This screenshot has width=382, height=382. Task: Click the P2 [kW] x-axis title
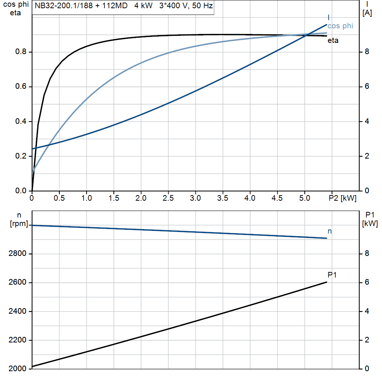(x=342, y=198)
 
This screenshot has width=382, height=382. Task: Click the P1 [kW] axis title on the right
(x=370, y=219)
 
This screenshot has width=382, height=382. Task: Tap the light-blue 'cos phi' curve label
(x=340, y=26)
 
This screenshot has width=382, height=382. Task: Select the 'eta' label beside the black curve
(x=333, y=41)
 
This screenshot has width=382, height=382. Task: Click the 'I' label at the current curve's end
(x=328, y=18)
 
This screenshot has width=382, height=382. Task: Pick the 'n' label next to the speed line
(x=330, y=231)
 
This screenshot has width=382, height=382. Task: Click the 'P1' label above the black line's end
(x=332, y=275)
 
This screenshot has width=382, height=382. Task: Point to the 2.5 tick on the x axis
(x=168, y=198)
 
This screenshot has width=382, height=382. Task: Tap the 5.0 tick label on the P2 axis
(x=304, y=198)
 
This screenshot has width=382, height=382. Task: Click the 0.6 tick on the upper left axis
(x=21, y=87)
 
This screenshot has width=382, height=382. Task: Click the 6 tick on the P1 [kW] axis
(x=367, y=282)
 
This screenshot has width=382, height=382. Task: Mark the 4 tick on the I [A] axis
(x=367, y=121)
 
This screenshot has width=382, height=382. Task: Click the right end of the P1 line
(x=327, y=282)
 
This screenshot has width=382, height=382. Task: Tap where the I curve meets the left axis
(x=32, y=149)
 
